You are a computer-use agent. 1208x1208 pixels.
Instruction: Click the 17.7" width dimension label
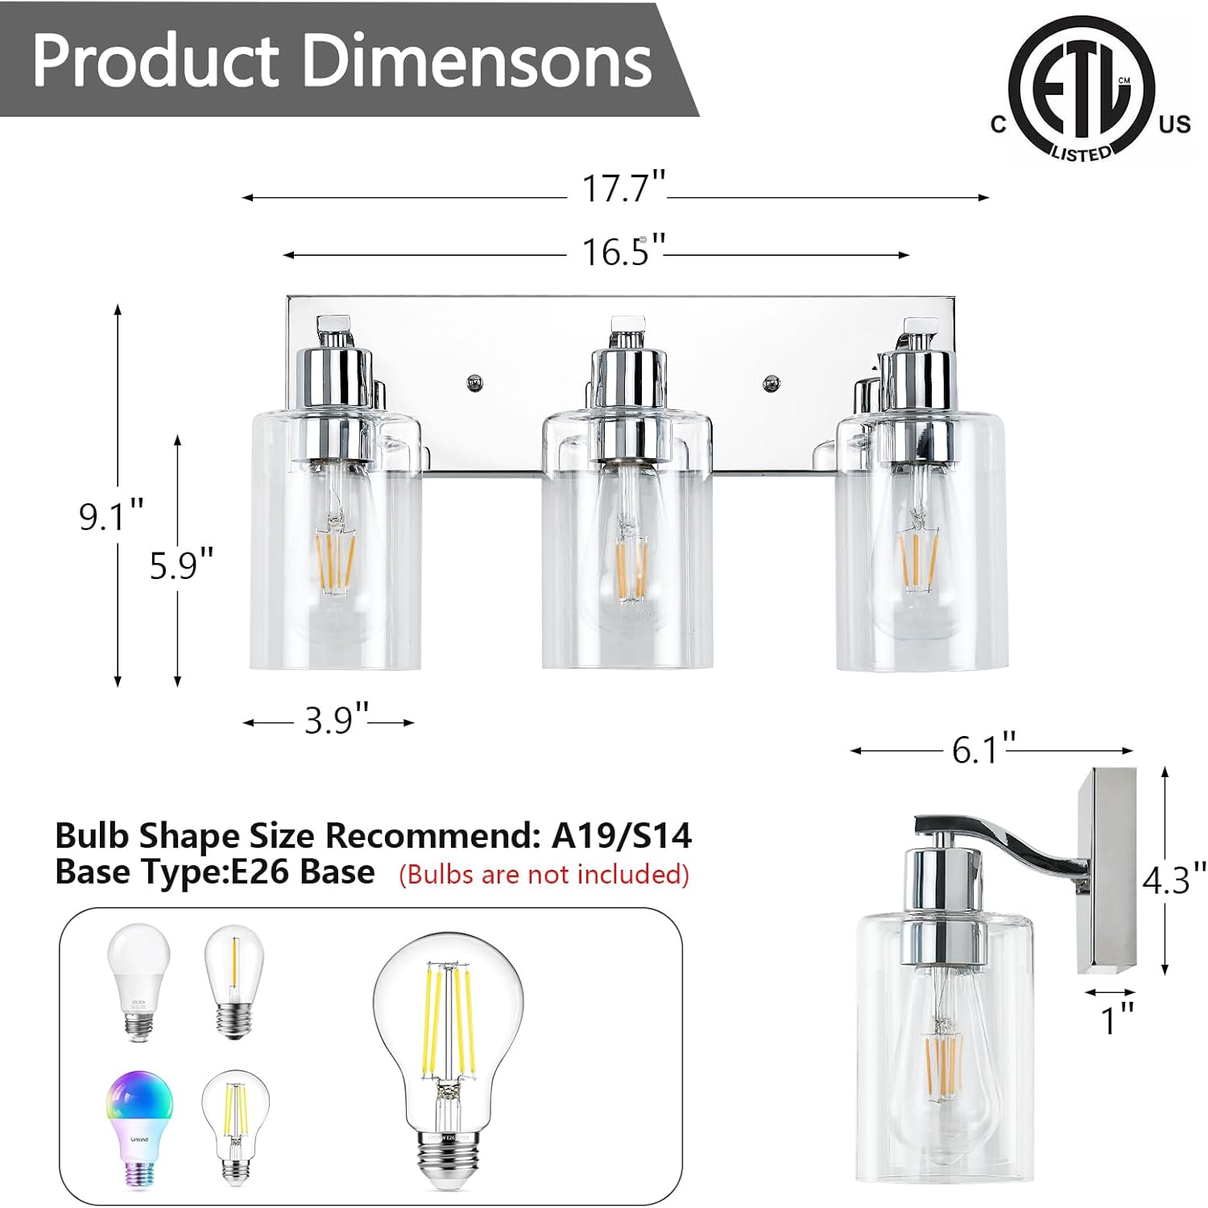(623, 188)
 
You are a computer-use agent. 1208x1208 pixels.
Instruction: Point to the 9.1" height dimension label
(111, 515)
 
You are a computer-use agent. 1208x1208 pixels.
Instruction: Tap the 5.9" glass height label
(182, 565)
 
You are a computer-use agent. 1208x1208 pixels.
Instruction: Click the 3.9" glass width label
(336, 719)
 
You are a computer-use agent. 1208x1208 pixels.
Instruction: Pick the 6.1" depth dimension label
(983, 750)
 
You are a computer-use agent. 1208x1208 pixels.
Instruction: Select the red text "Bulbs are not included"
(544, 875)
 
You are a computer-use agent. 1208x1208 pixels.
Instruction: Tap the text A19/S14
(621, 836)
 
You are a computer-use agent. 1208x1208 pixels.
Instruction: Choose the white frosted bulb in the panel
(139, 982)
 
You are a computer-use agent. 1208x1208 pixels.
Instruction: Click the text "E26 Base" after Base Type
(303, 872)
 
